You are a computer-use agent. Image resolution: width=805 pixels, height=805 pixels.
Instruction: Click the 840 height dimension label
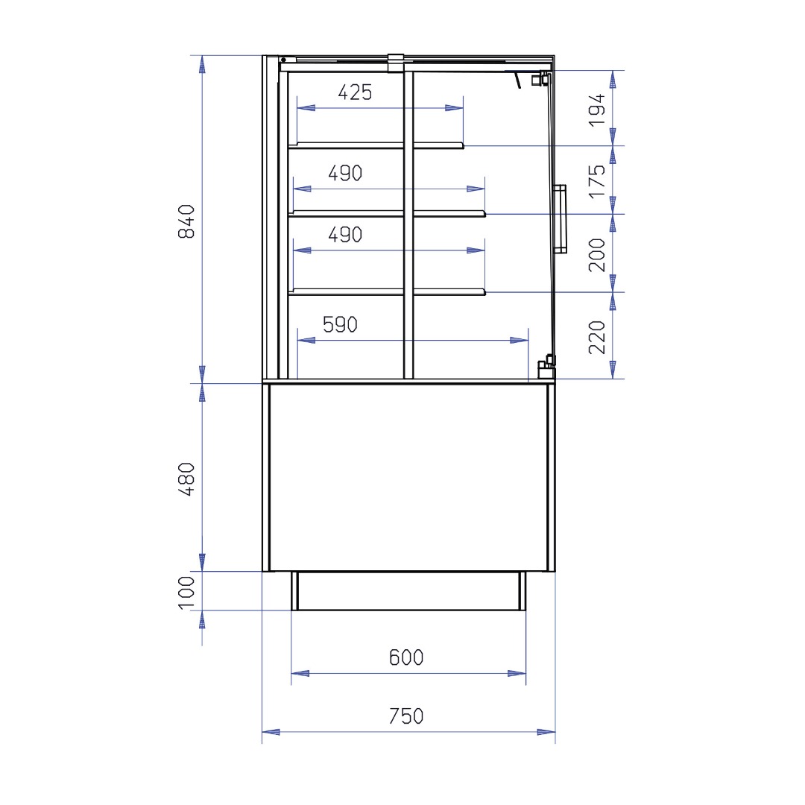186,221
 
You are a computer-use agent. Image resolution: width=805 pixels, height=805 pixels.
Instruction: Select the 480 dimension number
186,479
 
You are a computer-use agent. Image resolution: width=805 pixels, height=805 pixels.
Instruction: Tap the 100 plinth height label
186,593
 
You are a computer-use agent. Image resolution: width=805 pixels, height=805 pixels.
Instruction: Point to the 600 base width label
406,657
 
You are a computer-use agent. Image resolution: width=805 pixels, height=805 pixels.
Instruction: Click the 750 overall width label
406,716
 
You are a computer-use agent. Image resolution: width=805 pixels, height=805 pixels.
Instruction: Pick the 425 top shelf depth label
355,92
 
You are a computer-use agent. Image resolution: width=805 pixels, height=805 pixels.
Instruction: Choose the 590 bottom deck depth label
340,324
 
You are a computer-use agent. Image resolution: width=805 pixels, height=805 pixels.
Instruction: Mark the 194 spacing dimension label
596,110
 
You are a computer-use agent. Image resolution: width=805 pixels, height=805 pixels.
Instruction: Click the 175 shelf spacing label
596,181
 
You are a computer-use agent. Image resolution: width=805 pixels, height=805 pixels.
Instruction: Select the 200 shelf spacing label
596,255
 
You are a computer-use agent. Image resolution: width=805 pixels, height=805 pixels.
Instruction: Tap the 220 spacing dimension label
596,338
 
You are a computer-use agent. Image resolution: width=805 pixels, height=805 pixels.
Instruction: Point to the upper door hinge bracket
540,79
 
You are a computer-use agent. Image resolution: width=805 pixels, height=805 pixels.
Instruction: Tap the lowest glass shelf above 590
387,292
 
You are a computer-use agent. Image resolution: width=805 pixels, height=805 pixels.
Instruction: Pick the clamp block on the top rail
396,63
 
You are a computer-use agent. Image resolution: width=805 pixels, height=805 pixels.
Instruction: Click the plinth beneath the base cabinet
408,591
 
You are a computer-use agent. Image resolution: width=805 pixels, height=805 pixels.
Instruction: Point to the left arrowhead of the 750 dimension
271,732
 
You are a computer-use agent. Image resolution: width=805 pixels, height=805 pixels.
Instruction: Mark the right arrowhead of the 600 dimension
517,674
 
